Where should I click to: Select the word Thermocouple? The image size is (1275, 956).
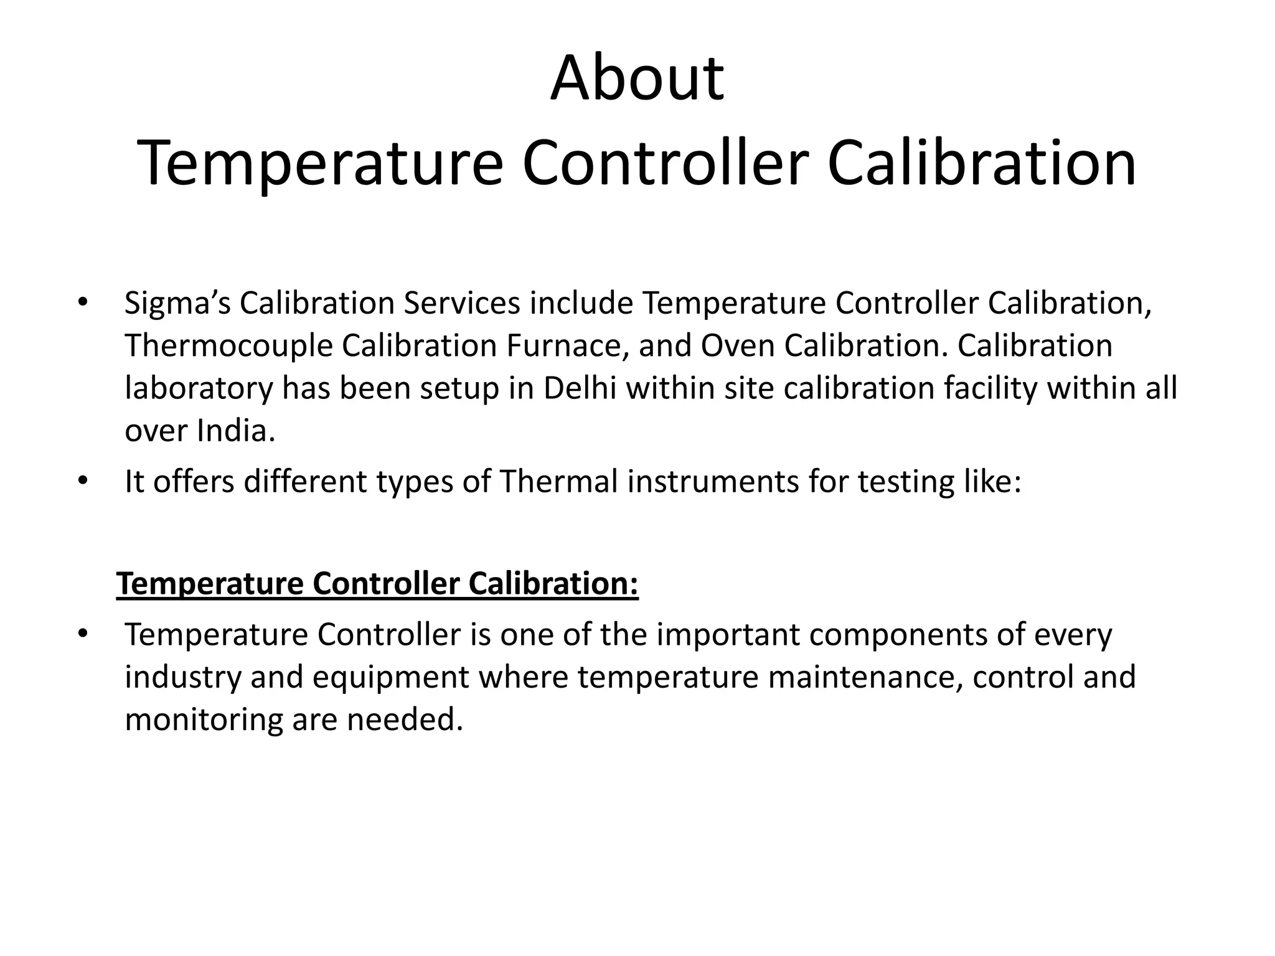point(228,346)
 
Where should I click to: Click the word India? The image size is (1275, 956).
point(236,430)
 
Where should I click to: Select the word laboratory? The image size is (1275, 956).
point(199,388)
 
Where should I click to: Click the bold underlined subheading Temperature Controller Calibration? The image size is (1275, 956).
point(377,584)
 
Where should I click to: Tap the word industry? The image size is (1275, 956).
point(182,677)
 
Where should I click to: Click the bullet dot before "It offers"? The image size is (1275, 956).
point(82,481)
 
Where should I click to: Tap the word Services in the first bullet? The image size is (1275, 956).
point(461,304)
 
